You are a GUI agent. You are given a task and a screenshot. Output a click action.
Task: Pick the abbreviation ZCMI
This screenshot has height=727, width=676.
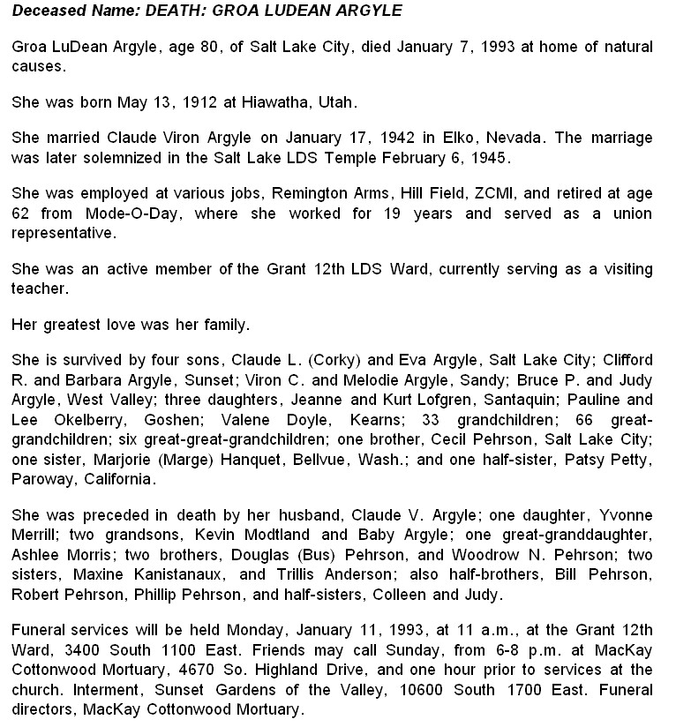pyautogui.click(x=484, y=194)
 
